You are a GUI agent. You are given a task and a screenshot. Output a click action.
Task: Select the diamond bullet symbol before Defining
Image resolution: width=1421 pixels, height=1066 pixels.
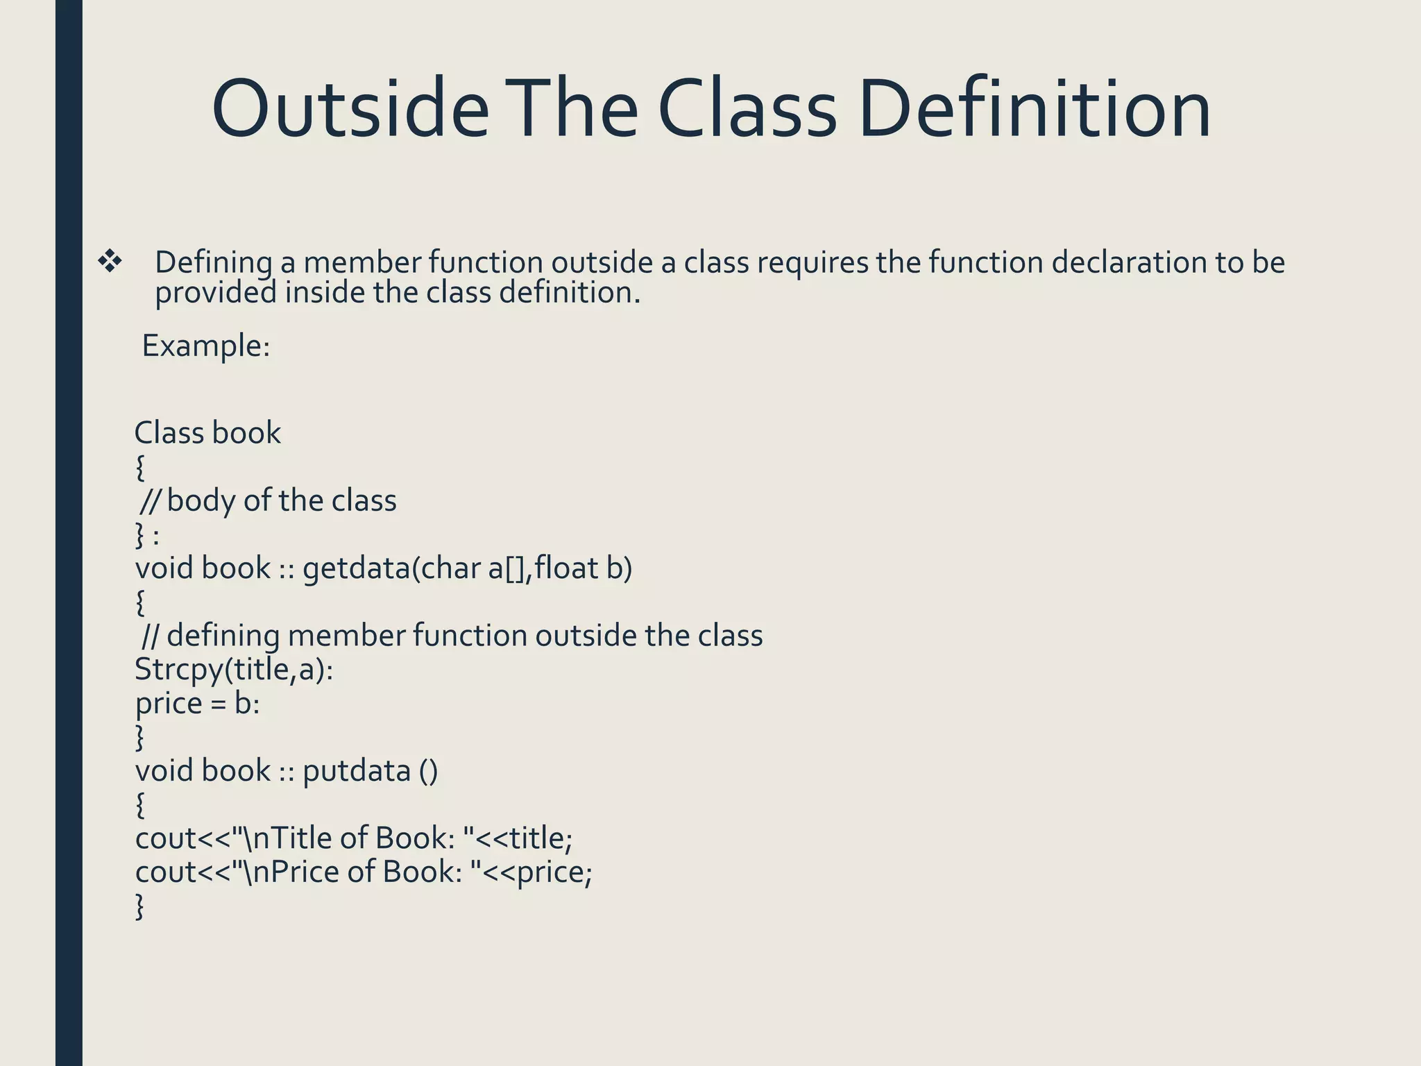tap(110, 262)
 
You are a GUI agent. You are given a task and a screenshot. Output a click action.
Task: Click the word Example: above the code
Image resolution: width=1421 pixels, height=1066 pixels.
tap(205, 346)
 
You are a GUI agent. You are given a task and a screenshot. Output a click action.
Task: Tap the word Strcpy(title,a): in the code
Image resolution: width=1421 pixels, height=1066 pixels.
tap(234, 670)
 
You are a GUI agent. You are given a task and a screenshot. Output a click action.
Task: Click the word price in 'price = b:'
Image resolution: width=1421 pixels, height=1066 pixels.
tap(169, 704)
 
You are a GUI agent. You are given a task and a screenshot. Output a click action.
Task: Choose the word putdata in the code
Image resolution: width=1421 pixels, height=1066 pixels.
tap(357, 771)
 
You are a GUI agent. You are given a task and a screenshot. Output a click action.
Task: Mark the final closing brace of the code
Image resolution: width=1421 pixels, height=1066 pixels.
tap(140, 906)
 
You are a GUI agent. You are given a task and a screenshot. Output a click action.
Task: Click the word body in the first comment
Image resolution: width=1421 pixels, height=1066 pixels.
tap(201, 501)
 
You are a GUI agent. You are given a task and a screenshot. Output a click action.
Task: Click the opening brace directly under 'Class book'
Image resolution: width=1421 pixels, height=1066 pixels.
tap(140, 468)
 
